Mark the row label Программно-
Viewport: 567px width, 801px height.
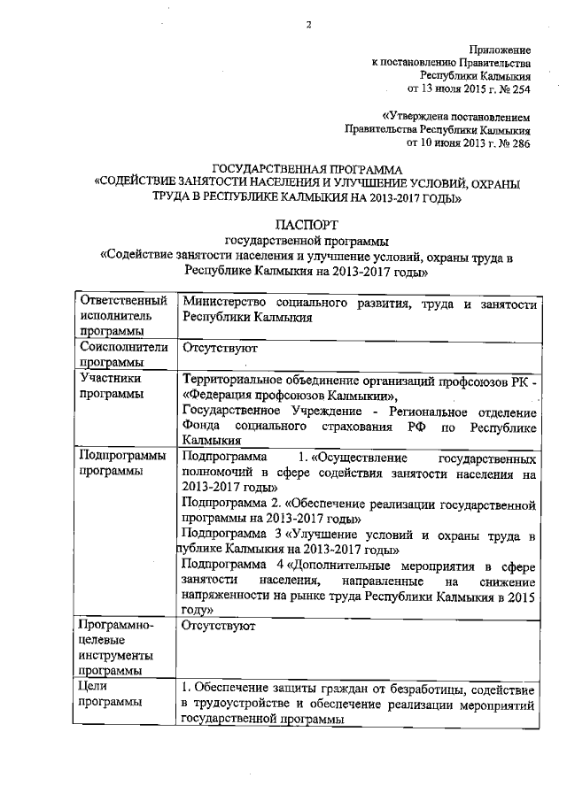click(x=116, y=626)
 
